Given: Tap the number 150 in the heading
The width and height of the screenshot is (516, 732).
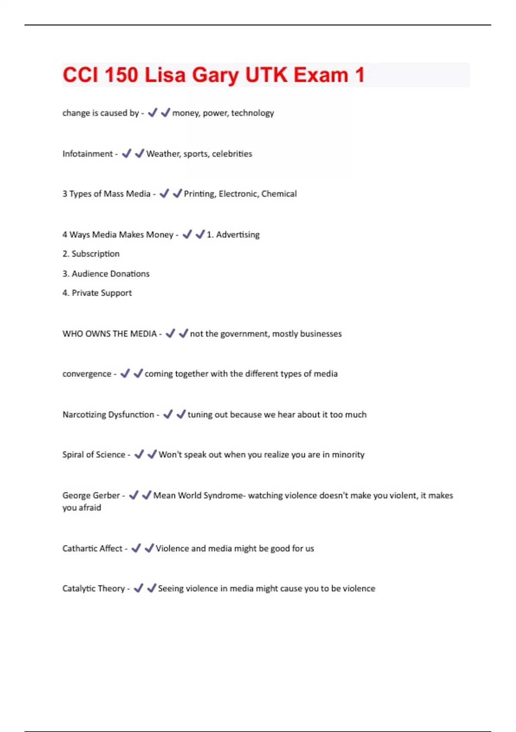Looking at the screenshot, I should point(121,75).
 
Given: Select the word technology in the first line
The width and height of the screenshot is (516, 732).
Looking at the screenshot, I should point(252,113).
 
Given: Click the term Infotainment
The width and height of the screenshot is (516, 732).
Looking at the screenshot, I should point(87,154).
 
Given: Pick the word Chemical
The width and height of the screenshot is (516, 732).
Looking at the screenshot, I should point(279,194).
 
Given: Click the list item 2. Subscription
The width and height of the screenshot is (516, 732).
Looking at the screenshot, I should point(91,254).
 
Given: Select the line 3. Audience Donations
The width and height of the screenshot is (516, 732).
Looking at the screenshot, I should point(106,273).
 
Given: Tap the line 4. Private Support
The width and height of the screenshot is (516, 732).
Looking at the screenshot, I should point(97,293).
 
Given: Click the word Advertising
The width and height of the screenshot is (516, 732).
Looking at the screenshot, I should point(238,235).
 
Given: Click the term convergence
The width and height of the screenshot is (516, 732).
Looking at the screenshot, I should point(87,374).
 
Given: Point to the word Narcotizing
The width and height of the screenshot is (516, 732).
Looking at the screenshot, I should point(84,415).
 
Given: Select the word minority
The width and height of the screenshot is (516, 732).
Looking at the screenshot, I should point(348,455).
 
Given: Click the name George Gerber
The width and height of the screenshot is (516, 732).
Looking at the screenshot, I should point(91,495).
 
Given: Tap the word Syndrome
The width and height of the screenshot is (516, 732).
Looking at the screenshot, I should point(223,495).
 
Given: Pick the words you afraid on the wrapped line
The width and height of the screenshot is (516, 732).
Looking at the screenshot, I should point(82,508).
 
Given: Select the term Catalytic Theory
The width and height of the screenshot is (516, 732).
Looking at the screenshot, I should point(93,588).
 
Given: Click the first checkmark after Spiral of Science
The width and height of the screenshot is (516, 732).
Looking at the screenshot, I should point(139,454).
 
